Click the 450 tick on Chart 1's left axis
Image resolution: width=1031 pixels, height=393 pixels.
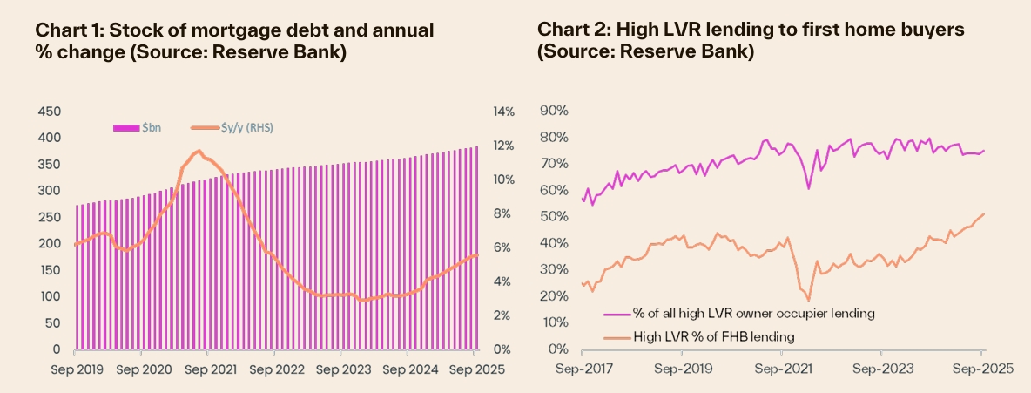(49, 112)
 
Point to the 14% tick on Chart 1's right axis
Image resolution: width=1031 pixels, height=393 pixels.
(505, 112)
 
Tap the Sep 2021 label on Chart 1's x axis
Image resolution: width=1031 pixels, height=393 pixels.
(210, 369)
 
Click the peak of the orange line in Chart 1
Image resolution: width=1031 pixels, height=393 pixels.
(199, 151)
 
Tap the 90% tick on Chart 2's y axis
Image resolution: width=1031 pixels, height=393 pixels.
(555, 111)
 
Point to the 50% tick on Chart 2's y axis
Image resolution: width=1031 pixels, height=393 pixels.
(555, 216)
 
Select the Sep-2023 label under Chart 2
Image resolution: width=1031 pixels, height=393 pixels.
(880, 369)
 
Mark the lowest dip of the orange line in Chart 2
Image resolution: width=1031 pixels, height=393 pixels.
(809, 301)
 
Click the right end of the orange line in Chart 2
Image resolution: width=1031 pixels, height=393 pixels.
(984, 213)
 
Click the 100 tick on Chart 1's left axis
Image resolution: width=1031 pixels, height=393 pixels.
(49, 296)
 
